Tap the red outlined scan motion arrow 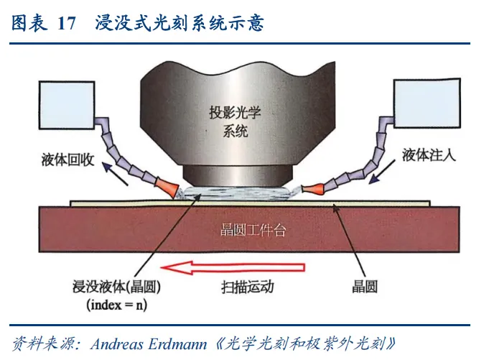pyautogui.click(x=233, y=269)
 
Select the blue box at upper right pyautogui.click(x=424, y=104)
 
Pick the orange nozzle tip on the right pyautogui.click(x=311, y=190)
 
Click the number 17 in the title pyautogui.click(x=66, y=23)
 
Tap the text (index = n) pyautogui.click(x=119, y=304)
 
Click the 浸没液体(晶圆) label pyautogui.click(x=120, y=287)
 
